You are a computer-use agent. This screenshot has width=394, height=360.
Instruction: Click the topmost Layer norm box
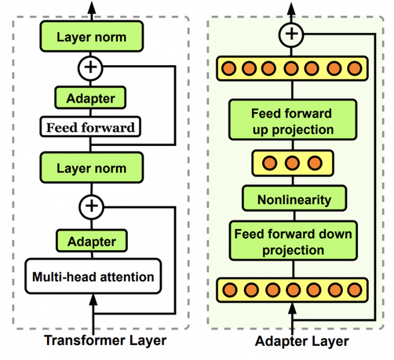[x=92, y=36]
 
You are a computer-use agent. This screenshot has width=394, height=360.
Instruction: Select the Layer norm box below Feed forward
[x=92, y=168]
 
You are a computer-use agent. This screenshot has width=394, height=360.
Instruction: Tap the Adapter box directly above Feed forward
[x=90, y=98]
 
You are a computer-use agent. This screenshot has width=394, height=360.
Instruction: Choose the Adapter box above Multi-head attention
[x=92, y=241]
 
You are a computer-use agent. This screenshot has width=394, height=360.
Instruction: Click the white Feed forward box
[x=90, y=127]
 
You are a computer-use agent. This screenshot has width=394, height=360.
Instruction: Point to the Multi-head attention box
[x=93, y=276]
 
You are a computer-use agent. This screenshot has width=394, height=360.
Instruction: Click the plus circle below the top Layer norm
[x=90, y=68]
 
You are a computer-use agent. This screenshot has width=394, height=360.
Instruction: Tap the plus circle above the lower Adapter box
[x=92, y=207]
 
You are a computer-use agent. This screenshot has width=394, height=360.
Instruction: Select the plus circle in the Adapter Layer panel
[x=291, y=35]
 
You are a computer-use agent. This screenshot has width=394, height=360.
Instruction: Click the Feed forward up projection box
[x=293, y=120]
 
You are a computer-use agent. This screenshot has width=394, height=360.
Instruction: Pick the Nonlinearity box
[x=294, y=198]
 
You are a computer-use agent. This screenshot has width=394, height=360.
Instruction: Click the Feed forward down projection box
[x=294, y=241]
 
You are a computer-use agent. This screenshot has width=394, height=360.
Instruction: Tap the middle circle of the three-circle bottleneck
[x=292, y=163]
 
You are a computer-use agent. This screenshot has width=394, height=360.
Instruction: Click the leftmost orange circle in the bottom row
[x=230, y=290]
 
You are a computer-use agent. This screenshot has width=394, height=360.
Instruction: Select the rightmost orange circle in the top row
[x=355, y=68]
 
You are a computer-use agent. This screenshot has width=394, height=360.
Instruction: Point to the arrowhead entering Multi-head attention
[x=93, y=300]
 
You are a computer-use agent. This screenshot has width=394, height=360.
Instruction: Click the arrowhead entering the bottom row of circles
[x=292, y=308]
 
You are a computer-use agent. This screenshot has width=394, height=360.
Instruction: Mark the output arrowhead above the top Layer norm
[x=92, y=7]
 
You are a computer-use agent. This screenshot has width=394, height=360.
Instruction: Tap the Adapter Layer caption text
[x=302, y=342]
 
